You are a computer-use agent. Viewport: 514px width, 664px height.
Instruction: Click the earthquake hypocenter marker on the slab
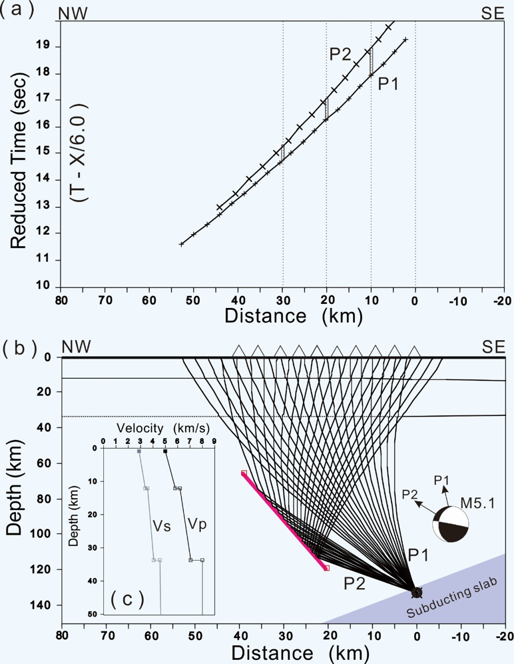pos(417,591)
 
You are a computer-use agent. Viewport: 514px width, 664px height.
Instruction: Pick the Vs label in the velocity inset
pos(162,526)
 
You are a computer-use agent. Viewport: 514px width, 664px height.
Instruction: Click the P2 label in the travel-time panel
pos(340,55)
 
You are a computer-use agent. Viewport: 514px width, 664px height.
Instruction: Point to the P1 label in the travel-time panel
pos(389,83)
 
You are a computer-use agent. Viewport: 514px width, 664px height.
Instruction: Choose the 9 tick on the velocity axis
pos(214,441)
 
